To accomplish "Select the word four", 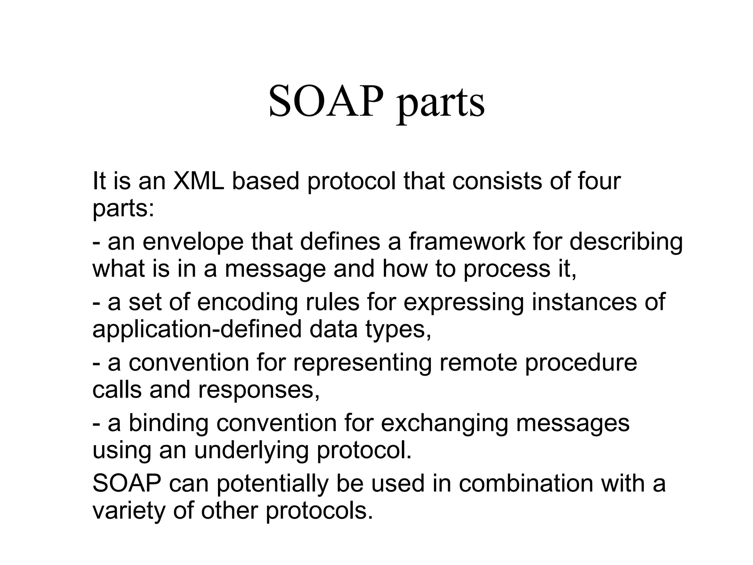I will (x=599, y=181).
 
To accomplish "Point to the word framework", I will (x=467, y=242).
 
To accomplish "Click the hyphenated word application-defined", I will (x=197, y=330).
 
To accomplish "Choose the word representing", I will (x=362, y=363).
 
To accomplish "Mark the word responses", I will (x=259, y=390).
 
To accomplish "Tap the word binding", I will (x=168, y=424).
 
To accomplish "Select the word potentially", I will (x=272, y=484).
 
